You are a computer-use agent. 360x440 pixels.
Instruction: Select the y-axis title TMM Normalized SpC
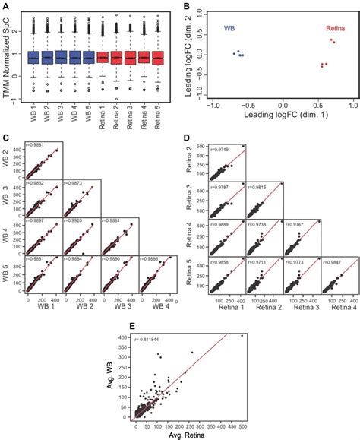[8, 57]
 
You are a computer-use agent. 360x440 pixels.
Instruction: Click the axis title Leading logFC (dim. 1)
[283, 118]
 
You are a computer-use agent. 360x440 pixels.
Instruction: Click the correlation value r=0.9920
[78, 221]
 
